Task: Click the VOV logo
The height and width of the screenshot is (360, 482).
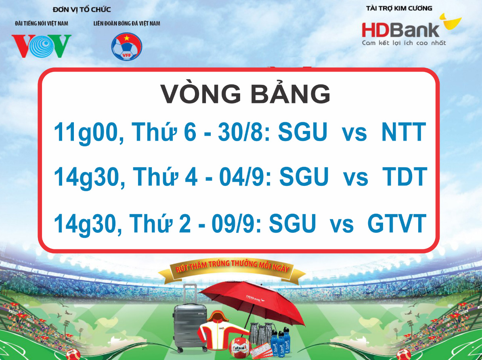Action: (x=42, y=46)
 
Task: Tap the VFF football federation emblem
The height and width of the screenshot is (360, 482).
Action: (x=127, y=46)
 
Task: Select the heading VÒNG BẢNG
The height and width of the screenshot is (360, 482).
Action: (x=245, y=94)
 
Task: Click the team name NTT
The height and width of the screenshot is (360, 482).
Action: (x=404, y=132)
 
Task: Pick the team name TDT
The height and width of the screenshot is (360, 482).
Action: (x=405, y=177)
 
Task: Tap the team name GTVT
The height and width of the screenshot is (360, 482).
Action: (x=397, y=223)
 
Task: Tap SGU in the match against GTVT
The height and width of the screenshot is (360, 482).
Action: (x=292, y=223)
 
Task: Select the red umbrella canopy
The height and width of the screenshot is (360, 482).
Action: (x=252, y=301)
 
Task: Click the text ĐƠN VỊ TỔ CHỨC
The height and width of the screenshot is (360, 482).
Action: (x=82, y=10)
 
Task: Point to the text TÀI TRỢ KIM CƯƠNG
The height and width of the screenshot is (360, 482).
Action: (x=399, y=8)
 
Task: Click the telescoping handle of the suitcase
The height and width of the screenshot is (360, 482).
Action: (x=190, y=294)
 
